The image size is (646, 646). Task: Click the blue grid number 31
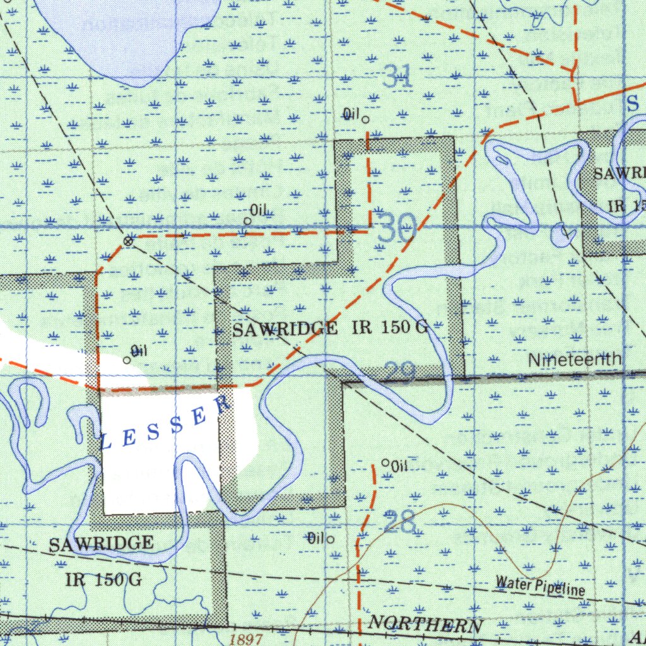(x=397, y=77)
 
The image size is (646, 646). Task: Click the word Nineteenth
(x=574, y=360)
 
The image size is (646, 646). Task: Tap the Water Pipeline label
(x=540, y=586)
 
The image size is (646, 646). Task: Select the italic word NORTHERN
(x=425, y=625)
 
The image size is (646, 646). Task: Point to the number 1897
(x=246, y=639)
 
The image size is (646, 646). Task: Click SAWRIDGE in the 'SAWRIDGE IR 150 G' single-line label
(x=285, y=329)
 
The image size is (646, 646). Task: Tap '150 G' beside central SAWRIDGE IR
(x=404, y=327)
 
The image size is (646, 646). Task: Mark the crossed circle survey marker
(x=128, y=241)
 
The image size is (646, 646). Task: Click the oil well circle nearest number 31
(x=365, y=119)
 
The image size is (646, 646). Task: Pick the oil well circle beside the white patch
(x=127, y=360)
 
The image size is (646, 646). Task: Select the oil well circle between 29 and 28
(x=385, y=462)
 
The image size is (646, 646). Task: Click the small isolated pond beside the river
(x=560, y=236)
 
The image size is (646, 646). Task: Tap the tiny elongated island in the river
(x=502, y=159)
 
